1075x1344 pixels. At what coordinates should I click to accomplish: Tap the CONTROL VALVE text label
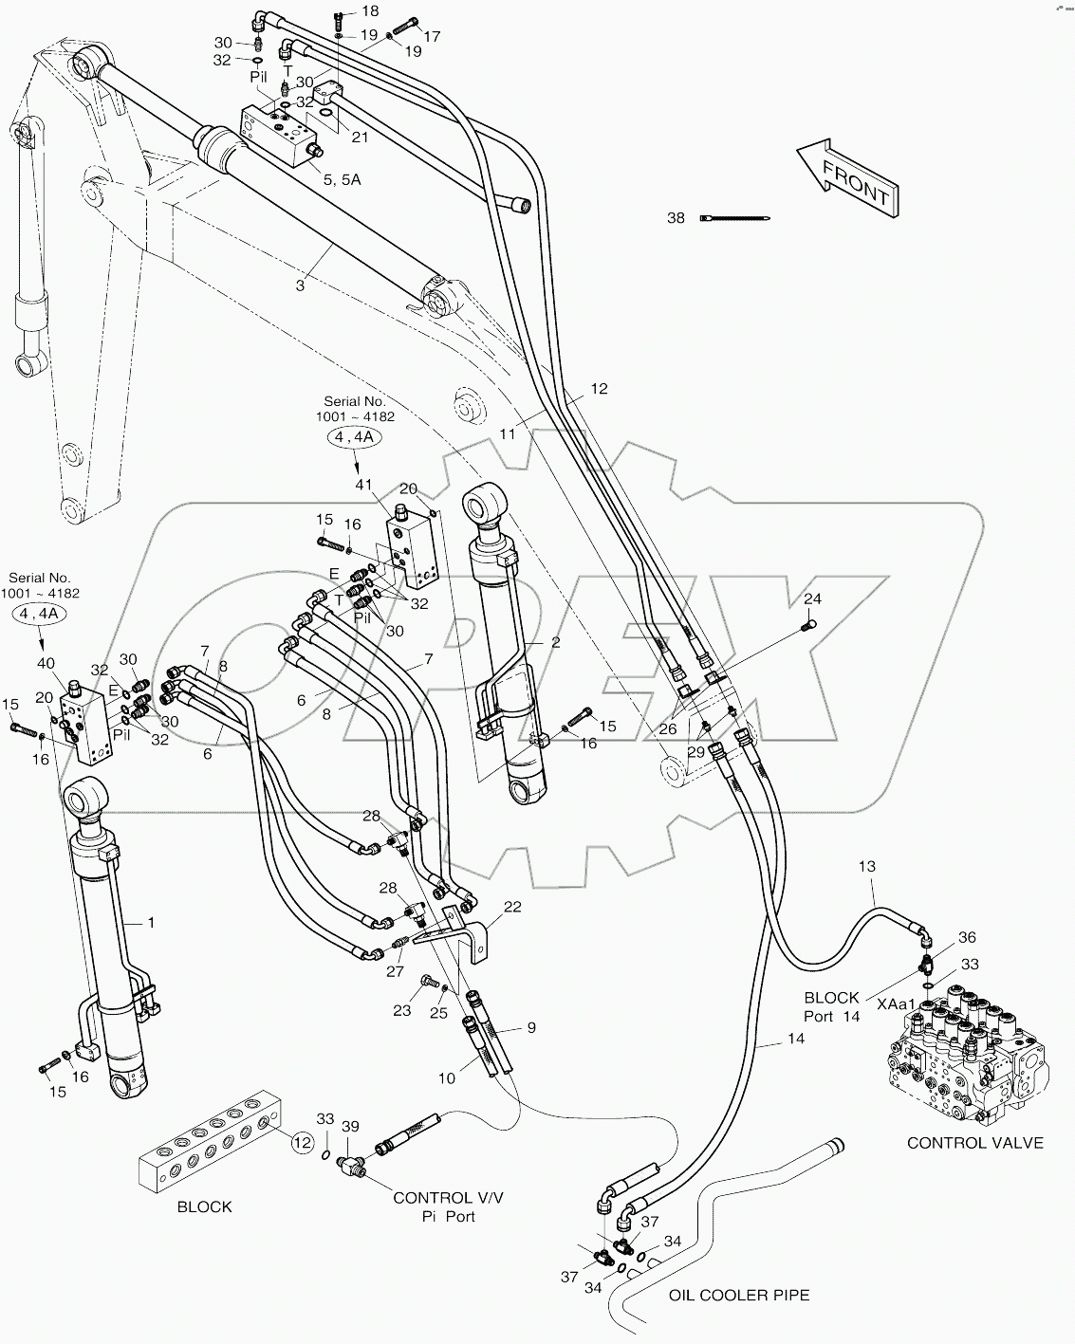974,1143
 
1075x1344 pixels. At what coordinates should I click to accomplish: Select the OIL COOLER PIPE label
739,1295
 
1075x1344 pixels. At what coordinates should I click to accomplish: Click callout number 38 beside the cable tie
676,218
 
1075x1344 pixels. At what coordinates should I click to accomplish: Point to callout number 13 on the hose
866,866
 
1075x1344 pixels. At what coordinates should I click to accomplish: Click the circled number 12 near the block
302,1143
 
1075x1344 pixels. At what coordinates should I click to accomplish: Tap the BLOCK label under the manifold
205,1206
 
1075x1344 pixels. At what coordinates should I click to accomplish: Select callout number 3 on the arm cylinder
301,285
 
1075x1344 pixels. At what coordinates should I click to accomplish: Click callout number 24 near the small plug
813,598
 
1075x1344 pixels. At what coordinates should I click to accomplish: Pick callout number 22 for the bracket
512,907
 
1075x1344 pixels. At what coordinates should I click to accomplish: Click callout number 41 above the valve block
364,485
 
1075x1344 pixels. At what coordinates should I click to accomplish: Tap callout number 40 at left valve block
46,663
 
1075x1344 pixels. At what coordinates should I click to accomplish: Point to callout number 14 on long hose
795,1039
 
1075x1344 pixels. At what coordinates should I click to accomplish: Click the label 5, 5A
341,179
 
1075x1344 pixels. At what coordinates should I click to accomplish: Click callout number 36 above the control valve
967,937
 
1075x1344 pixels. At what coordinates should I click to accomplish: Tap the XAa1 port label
896,1003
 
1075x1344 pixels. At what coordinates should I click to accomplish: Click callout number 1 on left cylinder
149,922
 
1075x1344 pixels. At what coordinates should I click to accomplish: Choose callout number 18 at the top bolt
369,10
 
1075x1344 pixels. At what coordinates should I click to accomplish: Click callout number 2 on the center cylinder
555,642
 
